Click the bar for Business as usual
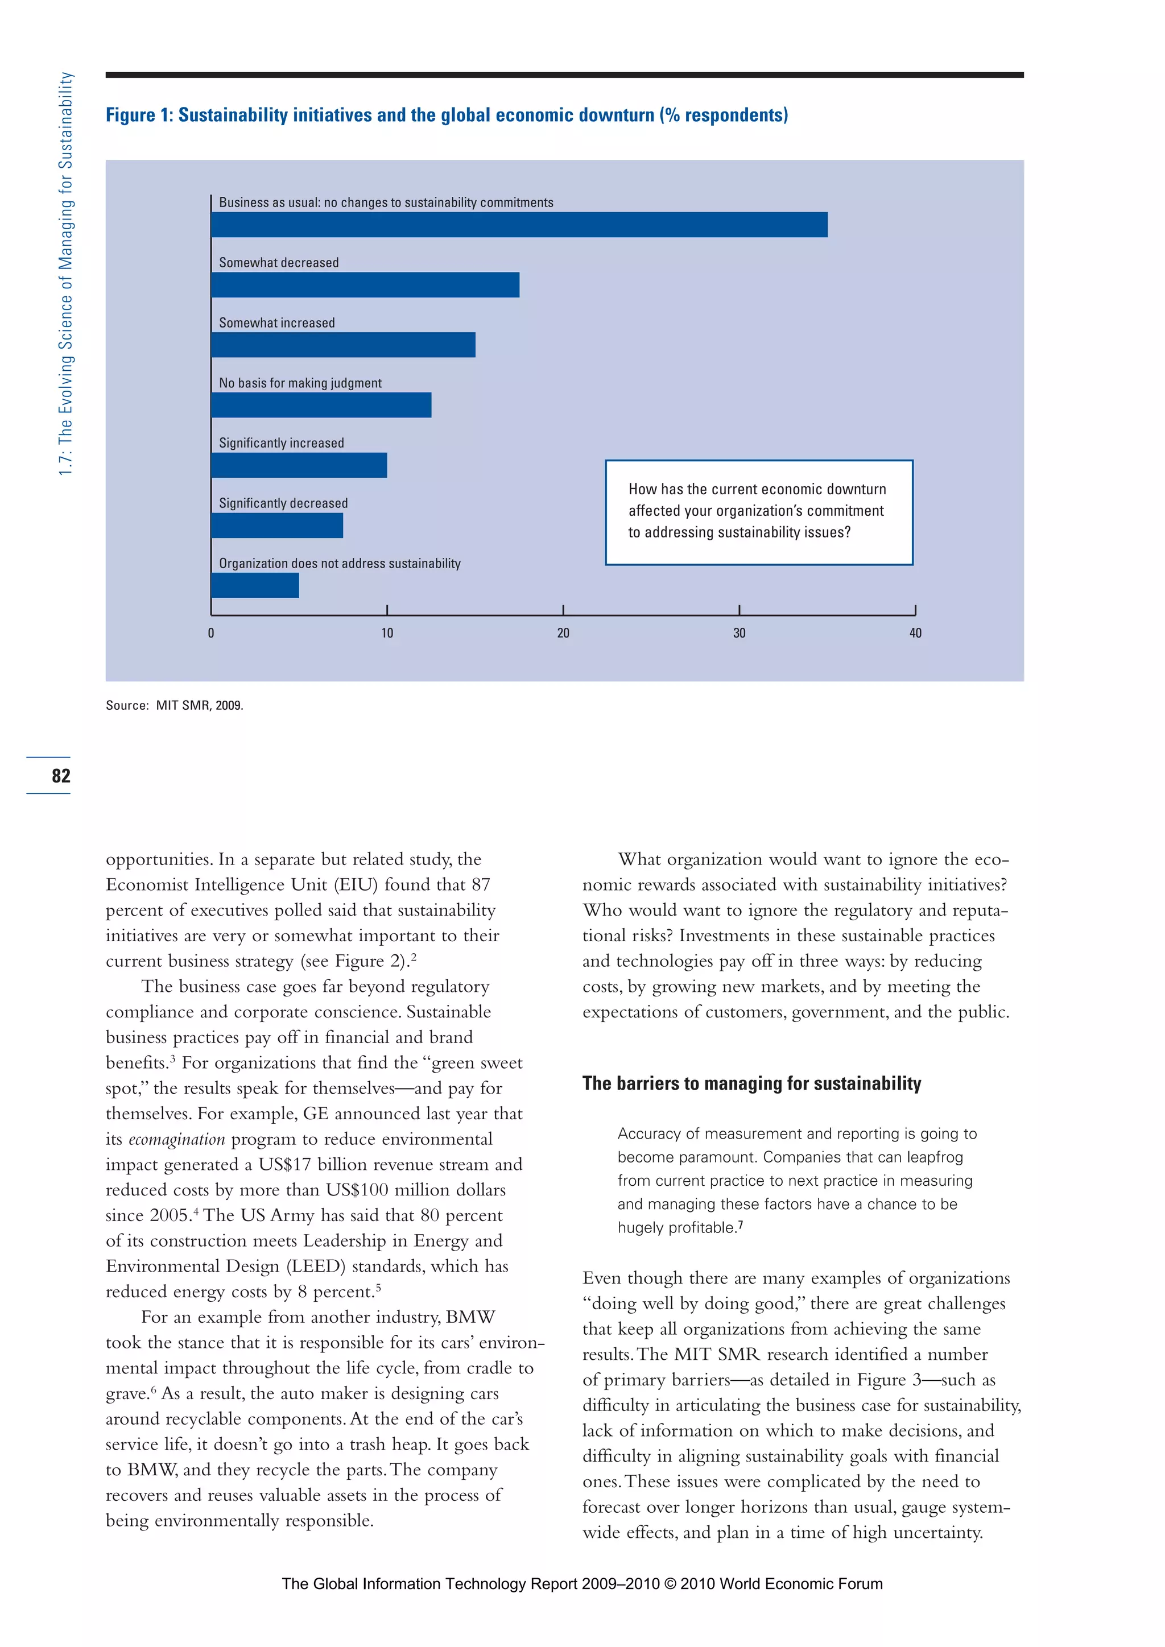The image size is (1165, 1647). pyautogui.click(x=519, y=225)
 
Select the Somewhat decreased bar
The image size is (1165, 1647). pyautogui.click(x=365, y=285)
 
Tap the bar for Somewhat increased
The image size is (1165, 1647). pyautogui.click(x=343, y=345)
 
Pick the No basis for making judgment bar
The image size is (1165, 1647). pyautogui.click(x=321, y=405)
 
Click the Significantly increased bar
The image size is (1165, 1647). pyautogui.click(x=299, y=466)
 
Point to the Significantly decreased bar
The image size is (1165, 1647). pyautogui.click(x=277, y=526)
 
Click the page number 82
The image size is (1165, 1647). pyautogui.click(x=61, y=775)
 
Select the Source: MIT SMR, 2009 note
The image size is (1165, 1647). pyautogui.click(x=174, y=706)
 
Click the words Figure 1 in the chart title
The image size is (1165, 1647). pyautogui.click(x=138, y=115)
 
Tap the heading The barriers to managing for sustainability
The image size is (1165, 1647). pyautogui.click(x=751, y=1083)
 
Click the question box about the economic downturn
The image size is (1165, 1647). pyautogui.click(x=758, y=512)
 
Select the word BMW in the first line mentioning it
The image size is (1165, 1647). pyautogui.click(x=470, y=1317)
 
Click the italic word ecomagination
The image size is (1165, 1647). pyautogui.click(x=176, y=1140)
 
